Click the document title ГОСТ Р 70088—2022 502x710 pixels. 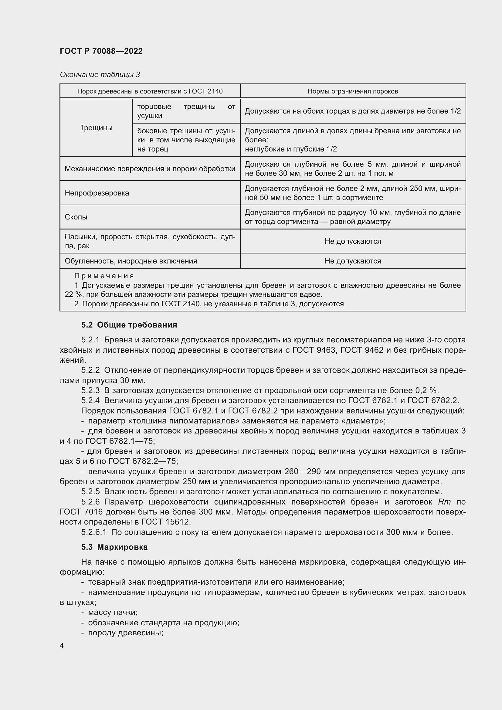point(101,51)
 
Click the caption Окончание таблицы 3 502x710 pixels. point(100,75)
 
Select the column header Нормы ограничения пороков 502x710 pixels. point(352,91)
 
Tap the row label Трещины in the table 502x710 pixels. point(96,128)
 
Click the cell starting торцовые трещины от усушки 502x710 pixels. point(186,111)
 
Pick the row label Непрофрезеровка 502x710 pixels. point(97,193)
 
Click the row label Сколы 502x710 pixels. point(76,217)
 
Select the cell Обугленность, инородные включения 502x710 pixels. point(131,261)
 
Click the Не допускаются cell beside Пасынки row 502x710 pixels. point(352,241)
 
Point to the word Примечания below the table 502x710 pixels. point(104,276)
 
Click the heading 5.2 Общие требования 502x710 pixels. point(129,325)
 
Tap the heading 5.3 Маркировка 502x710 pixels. point(114,547)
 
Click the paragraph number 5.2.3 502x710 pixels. point(90,390)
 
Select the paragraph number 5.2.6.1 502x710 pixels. point(94,532)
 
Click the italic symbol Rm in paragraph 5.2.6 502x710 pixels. point(444,502)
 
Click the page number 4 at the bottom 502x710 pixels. point(62,646)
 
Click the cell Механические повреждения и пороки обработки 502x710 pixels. point(150,169)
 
